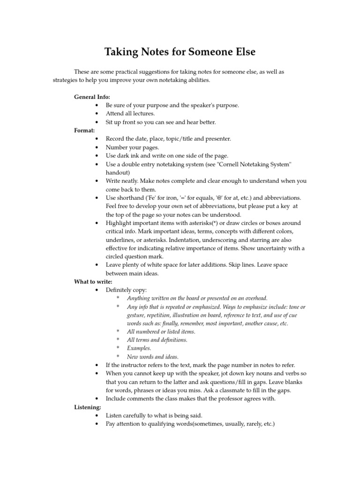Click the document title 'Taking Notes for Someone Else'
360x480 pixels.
(x=180, y=52)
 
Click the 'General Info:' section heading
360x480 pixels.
(x=92, y=97)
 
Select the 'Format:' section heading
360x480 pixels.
(x=84, y=130)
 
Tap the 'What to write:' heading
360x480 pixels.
(x=93, y=282)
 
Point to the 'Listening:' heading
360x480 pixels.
(x=88, y=407)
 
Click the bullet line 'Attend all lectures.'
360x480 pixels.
(x=130, y=113)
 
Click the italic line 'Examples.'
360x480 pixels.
(x=140, y=348)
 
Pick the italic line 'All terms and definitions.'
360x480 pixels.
(x=157, y=340)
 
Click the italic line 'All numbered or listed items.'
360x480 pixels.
(x=161, y=331)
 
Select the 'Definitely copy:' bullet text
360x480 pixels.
(x=127, y=290)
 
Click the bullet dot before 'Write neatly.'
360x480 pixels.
(x=97, y=181)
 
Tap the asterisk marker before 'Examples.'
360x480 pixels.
(x=118, y=348)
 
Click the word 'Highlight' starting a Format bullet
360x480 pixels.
(x=119, y=223)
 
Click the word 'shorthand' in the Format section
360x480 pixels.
(x=131, y=198)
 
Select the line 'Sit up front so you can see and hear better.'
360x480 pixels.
(x=161, y=122)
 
